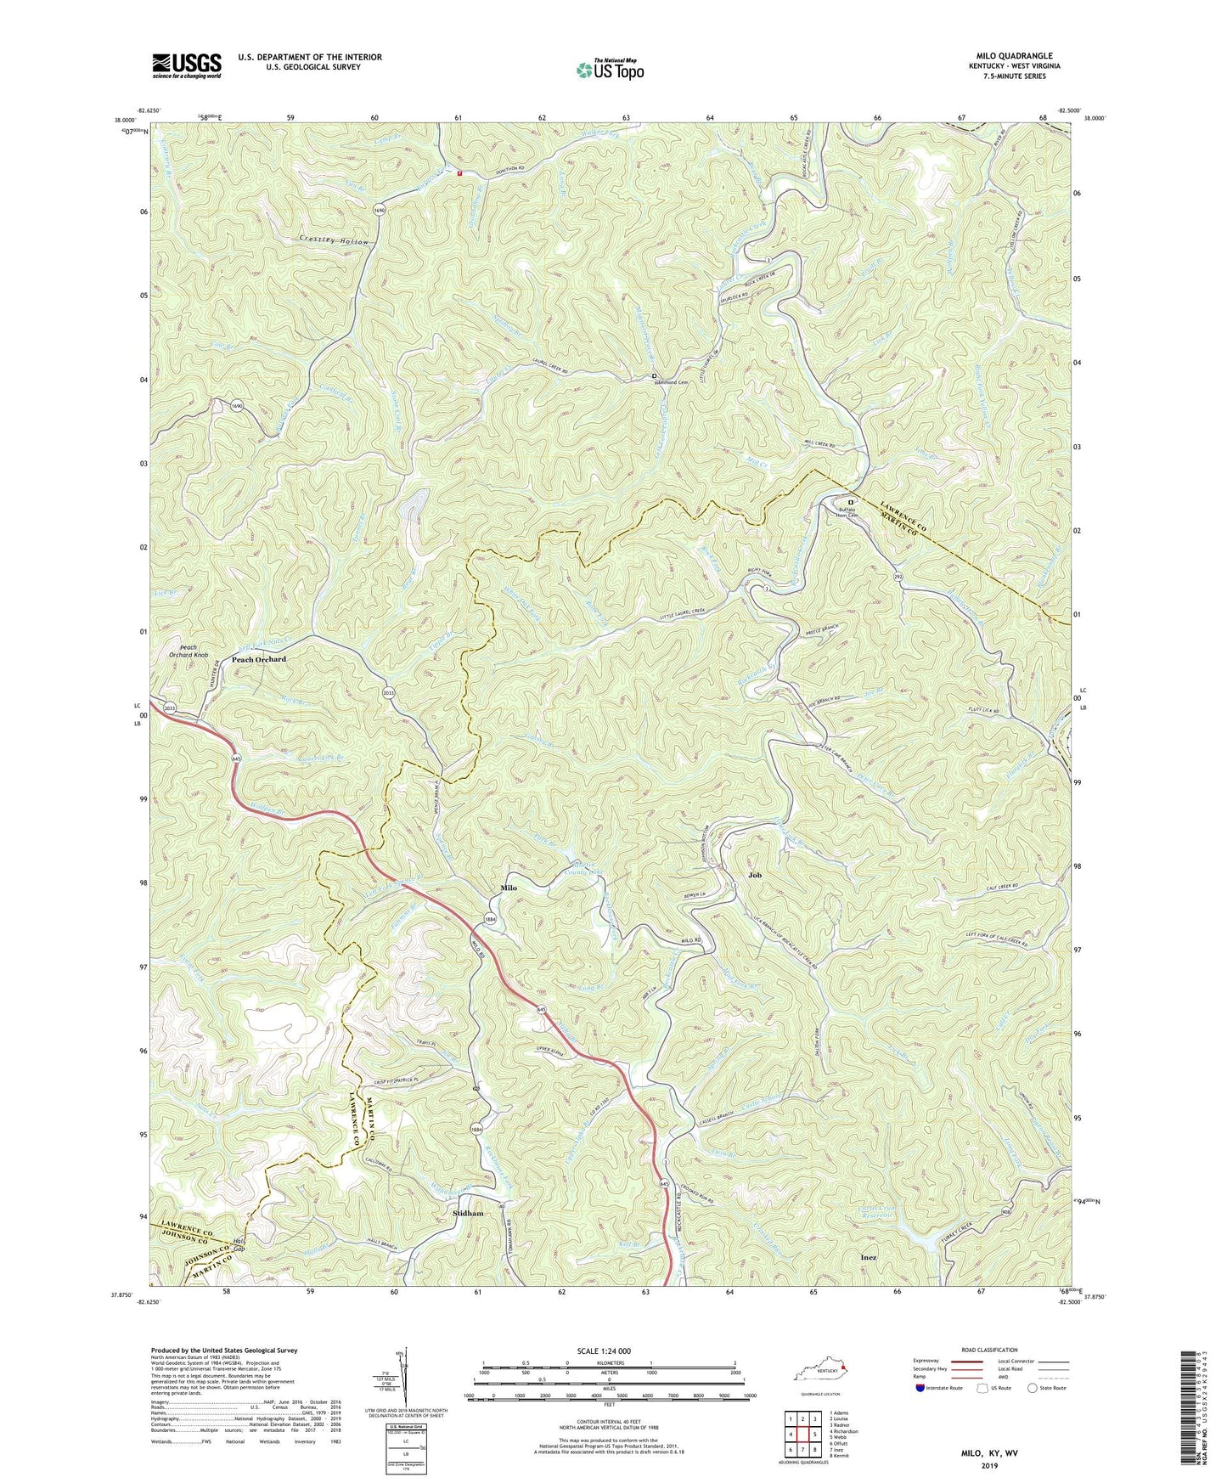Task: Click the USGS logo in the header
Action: point(187,65)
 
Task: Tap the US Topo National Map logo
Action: point(609,70)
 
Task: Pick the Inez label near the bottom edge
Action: point(869,1257)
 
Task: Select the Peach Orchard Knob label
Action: point(188,651)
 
